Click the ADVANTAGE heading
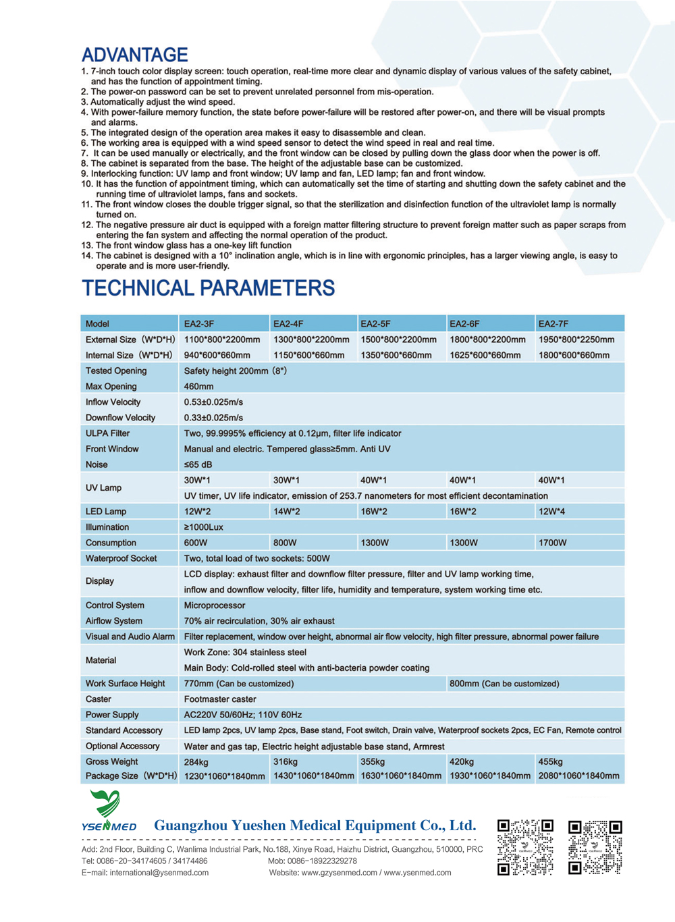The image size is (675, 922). pyautogui.click(x=135, y=55)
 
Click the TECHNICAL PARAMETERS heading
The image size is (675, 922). pyautogui.click(x=208, y=288)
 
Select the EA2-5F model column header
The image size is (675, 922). pyautogui.click(x=375, y=324)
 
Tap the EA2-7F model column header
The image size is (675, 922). pyautogui.click(x=553, y=324)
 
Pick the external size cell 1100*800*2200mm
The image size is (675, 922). pyautogui.click(x=222, y=340)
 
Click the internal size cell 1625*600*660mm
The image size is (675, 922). pyautogui.click(x=485, y=355)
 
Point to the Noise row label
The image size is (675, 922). pyautogui.click(x=97, y=464)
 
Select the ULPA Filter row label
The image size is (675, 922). pyautogui.click(x=107, y=433)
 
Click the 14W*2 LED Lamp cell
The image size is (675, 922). pyautogui.click(x=287, y=512)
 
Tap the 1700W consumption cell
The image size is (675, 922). pyautogui.click(x=553, y=543)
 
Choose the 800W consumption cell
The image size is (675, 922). pyautogui.click(x=285, y=543)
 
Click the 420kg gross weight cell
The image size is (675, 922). pyautogui.click(x=462, y=761)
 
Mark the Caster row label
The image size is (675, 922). pyautogui.click(x=99, y=699)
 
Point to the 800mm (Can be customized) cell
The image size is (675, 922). pyautogui.click(x=504, y=684)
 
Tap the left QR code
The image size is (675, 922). pyautogui.click(x=525, y=847)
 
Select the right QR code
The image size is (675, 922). pyautogui.click(x=595, y=847)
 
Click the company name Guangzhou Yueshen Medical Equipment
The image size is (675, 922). pyautogui.click(x=315, y=825)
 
